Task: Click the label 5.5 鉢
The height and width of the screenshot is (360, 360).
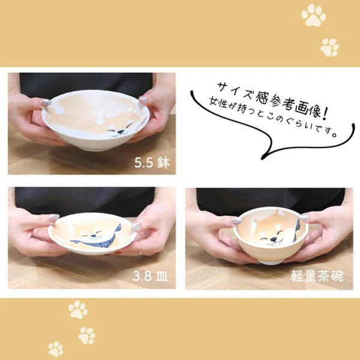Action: coord(152,163)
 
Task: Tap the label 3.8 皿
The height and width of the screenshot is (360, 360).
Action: coord(150,276)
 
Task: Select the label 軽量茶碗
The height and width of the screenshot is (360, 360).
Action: coord(317,276)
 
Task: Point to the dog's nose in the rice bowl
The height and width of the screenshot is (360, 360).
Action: coord(273,239)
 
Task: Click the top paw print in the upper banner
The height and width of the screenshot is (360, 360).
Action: coord(313,15)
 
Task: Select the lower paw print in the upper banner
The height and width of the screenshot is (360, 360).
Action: coord(329,47)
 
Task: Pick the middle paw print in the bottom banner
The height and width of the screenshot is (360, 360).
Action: coord(87,335)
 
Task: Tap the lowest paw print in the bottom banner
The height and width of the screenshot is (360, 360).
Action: coord(56,349)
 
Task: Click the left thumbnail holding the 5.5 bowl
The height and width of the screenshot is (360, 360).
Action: coord(46,103)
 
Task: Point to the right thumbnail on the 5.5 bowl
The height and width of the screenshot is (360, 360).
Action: coord(143,100)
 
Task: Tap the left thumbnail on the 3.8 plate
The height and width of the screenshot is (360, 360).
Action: coord(54,218)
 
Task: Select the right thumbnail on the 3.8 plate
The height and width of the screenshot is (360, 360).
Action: coord(136,227)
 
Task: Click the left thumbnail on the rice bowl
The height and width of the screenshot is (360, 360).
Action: coord(237,220)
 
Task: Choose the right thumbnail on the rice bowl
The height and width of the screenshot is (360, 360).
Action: coord(305,217)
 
